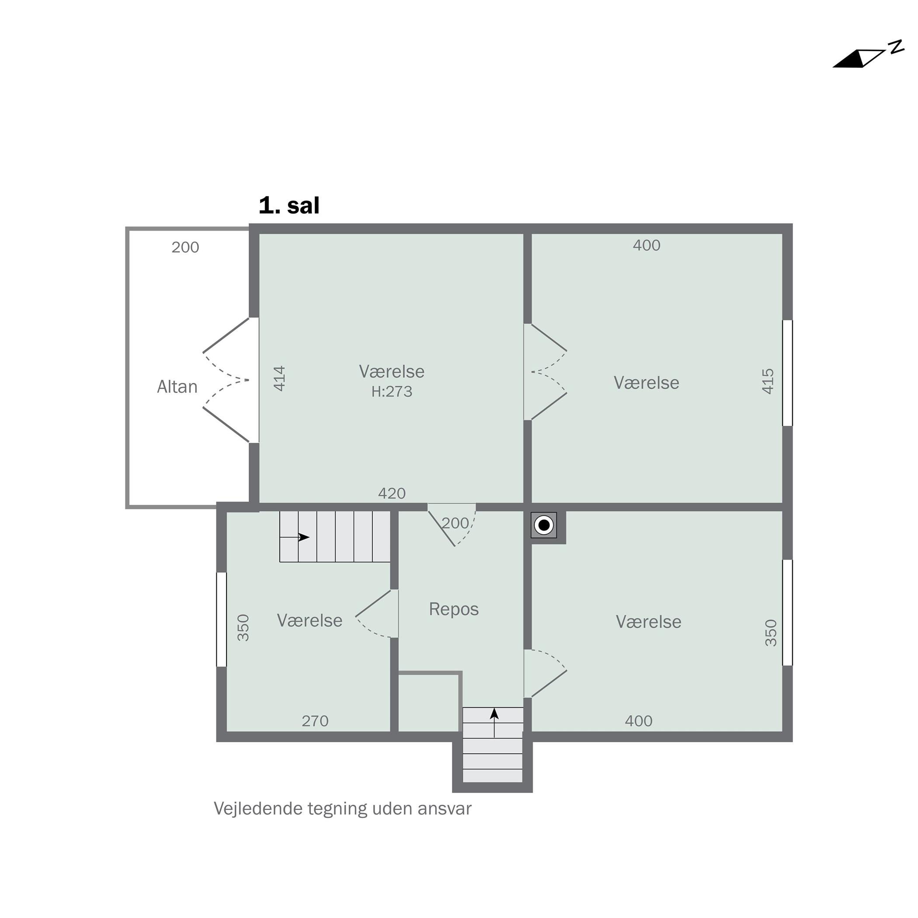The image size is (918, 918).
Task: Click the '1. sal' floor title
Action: pyautogui.click(x=289, y=205)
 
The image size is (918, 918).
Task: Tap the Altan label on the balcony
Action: pyautogui.click(x=177, y=387)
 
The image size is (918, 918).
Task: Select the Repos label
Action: pyautogui.click(x=454, y=609)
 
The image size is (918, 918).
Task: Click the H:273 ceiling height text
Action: pyautogui.click(x=392, y=392)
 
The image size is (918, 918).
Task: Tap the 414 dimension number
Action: pyautogui.click(x=280, y=378)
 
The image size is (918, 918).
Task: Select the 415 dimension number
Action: pyautogui.click(x=768, y=381)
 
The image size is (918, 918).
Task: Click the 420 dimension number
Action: pyautogui.click(x=392, y=493)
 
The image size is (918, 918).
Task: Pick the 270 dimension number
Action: pyautogui.click(x=315, y=721)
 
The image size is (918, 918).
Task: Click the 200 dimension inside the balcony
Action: pyautogui.click(x=185, y=247)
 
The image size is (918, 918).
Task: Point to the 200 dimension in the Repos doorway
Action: pyautogui.click(x=455, y=523)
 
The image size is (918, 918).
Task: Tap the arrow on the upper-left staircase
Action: pyautogui.click(x=295, y=537)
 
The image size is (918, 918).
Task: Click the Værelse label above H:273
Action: pyautogui.click(x=392, y=372)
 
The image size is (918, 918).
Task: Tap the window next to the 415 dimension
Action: pyautogui.click(x=788, y=373)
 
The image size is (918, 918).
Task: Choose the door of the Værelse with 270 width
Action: pyautogui.click(x=377, y=613)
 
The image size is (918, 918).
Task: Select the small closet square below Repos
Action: pyautogui.click(x=428, y=703)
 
